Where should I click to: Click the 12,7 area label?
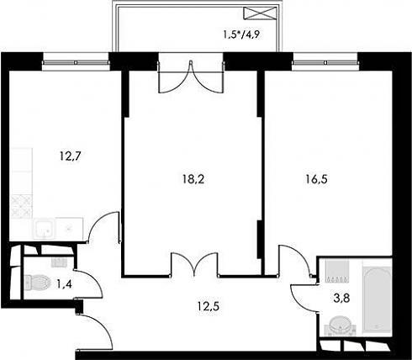click(70, 156)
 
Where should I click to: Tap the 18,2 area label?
click(193, 179)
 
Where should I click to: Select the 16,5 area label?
click(316, 179)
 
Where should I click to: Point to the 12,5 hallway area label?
click(208, 306)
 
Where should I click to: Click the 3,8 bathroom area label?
click(341, 299)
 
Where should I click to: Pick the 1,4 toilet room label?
click(64, 284)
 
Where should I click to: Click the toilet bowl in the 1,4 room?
click(36, 283)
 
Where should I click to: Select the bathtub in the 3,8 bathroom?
click(377, 299)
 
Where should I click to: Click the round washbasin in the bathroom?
click(340, 326)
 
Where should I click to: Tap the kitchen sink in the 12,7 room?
click(44, 229)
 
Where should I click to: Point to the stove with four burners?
click(21, 207)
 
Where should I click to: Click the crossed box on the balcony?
click(260, 13)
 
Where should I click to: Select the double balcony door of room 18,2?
click(191, 77)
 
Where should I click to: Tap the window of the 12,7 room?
click(76, 62)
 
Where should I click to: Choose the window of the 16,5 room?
click(325, 62)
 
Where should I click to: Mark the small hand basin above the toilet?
click(59, 262)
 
